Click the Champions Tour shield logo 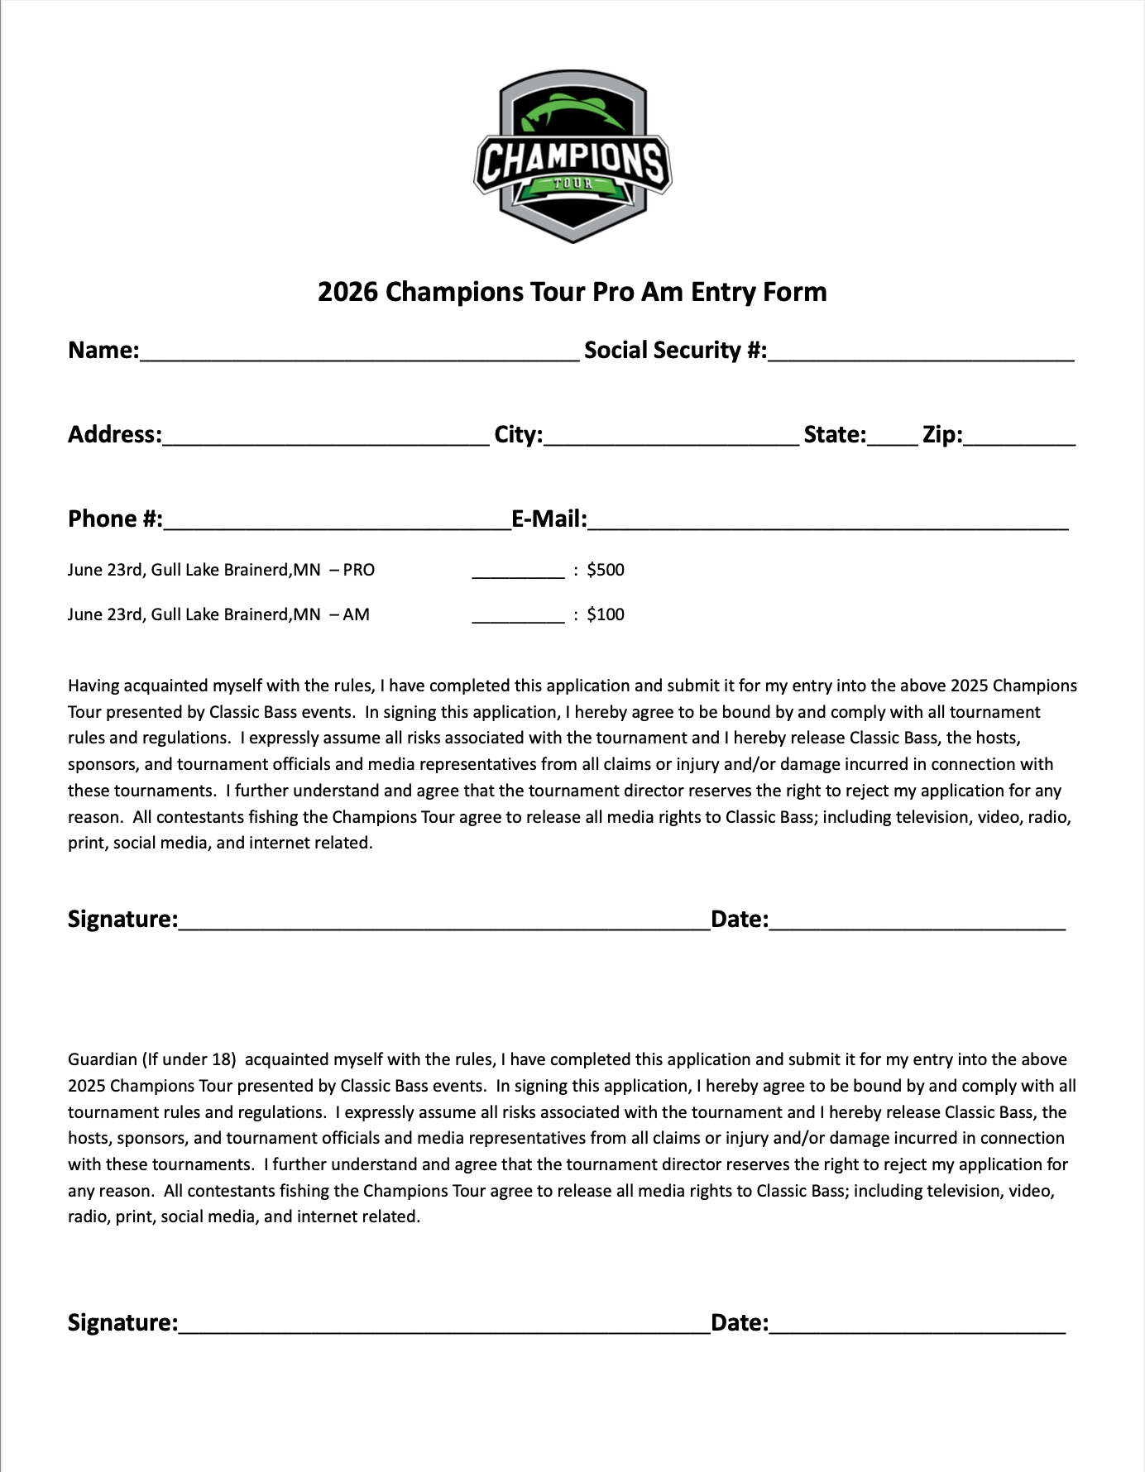click(572, 156)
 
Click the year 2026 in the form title click(347, 292)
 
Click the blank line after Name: click(359, 354)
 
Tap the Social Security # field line click(920, 354)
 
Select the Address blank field click(326, 438)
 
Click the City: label click(518, 434)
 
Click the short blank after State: click(893, 438)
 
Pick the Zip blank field click(1019, 438)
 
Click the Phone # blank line click(337, 523)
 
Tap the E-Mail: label click(549, 519)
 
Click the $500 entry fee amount click(606, 570)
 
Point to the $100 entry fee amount click(606, 614)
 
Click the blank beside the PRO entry click(518, 572)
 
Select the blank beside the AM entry click(518, 617)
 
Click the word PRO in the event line click(359, 570)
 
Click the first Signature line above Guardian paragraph click(444, 923)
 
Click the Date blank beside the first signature click(917, 923)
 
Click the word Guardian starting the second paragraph click(102, 1059)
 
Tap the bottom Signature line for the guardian click(444, 1326)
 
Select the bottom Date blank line click(917, 1326)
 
